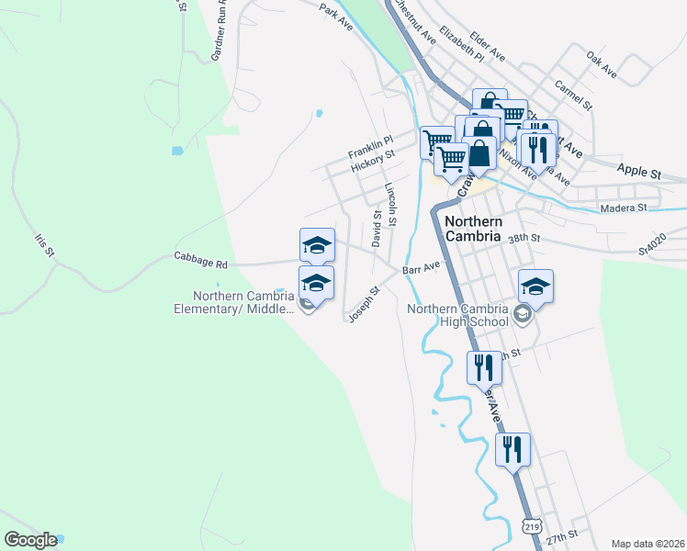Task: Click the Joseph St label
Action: (x=364, y=304)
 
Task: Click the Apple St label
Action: (x=639, y=171)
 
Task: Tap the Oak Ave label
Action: (x=602, y=64)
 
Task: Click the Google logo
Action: (x=30, y=540)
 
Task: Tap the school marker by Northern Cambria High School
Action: (x=535, y=287)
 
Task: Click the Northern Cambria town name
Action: (x=473, y=229)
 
